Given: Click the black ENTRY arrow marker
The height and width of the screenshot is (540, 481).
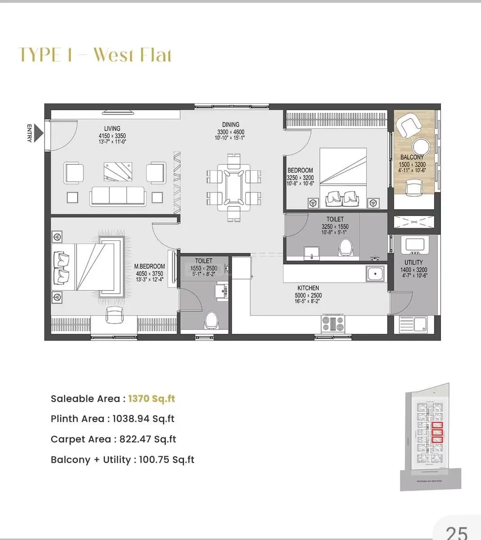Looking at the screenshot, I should pyautogui.click(x=39, y=134).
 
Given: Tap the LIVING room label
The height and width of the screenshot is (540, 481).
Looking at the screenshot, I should pyautogui.click(x=112, y=129).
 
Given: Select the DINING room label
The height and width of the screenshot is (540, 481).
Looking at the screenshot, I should pyautogui.click(x=231, y=125).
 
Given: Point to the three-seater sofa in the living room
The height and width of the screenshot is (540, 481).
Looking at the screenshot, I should pyautogui.click(x=118, y=196).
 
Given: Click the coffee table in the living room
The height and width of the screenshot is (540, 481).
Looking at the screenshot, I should pyautogui.click(x=118, y=171).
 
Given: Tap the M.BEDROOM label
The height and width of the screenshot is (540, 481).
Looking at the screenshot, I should pyautogui.click(x=150, y=266).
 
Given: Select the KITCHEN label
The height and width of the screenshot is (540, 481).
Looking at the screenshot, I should pyautogui.click(x=308, y=288).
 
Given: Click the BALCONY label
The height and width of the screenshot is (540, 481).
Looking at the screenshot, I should pyautogui.click(x=412, y=157).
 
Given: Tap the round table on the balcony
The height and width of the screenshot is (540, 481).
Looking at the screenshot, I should pyautogui.click(x=422, y=146).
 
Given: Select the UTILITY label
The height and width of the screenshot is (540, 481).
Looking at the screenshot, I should pyautogui.click(x=413, y=262).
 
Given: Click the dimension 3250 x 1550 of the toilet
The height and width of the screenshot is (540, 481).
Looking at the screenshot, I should pyautogui.click(x=335, y=227).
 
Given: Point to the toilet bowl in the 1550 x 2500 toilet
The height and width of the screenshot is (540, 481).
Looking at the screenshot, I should pyautogui.click(x=210, y=320).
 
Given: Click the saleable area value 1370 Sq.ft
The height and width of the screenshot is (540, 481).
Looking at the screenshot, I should pyautogui.click(x=151, y=399).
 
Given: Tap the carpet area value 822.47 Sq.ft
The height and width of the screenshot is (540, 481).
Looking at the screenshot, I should pyautogui.click(x=148, y=439).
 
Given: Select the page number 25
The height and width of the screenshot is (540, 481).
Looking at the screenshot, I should pyautogui.click(x=457, y=532).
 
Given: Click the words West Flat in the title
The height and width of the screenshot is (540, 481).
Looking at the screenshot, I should pyautogui.click(x=132, y=55).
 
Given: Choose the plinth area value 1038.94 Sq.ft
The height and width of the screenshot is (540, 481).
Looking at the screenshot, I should pyautogui.click(x=143, y=419).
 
